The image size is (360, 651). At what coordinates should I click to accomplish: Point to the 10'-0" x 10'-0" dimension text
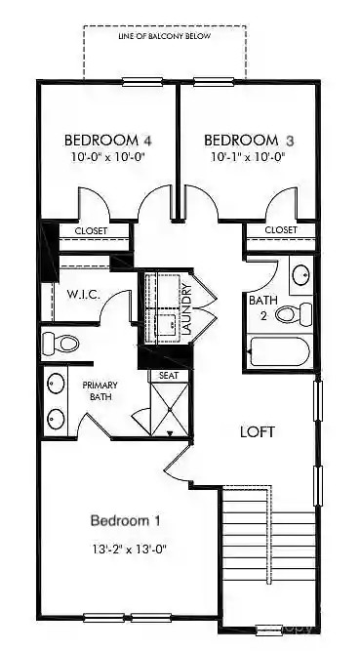106,156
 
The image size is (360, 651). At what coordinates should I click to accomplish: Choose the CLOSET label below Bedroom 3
281,230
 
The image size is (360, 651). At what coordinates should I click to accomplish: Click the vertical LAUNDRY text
187,308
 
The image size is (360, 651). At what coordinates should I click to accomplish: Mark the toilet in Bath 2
294,313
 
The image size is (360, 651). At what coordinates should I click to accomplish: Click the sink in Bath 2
301,274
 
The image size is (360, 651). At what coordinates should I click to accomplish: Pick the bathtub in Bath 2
279,351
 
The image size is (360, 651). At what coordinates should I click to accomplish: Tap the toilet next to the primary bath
61,343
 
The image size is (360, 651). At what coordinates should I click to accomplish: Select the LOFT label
259,431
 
